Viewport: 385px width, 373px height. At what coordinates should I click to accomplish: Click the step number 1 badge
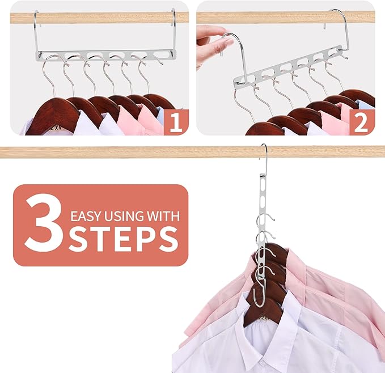[176, 123]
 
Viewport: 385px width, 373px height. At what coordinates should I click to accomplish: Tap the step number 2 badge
[361, 123]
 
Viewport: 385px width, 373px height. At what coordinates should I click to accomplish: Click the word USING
[126, 216]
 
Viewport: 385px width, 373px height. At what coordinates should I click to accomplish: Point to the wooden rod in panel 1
[102, 18]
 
